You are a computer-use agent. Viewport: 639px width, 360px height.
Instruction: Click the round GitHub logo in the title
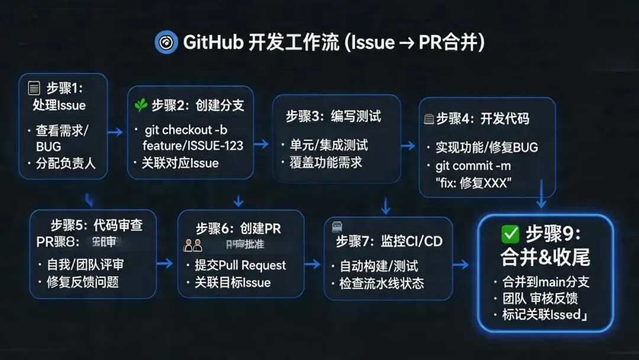coord(166,43)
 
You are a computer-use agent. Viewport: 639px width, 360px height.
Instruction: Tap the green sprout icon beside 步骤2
coord(141,105)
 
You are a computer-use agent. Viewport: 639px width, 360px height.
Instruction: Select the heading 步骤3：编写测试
coord(334,117)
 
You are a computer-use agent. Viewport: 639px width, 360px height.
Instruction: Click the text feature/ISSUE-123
coord(193,146)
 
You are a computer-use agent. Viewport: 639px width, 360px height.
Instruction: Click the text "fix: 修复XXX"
coord(474,183)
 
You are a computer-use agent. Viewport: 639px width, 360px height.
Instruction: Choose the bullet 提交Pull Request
coord(240,265)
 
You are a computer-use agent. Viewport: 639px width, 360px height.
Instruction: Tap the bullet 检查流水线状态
coord(381,283)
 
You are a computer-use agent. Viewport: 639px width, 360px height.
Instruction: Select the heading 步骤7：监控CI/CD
coord(389,241)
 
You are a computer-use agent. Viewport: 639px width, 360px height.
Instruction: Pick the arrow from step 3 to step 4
coord(408,146)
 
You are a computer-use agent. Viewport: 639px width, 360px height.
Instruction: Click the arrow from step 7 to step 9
coord(461,263)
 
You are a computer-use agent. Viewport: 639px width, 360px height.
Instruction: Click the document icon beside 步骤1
coord(34,89)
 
